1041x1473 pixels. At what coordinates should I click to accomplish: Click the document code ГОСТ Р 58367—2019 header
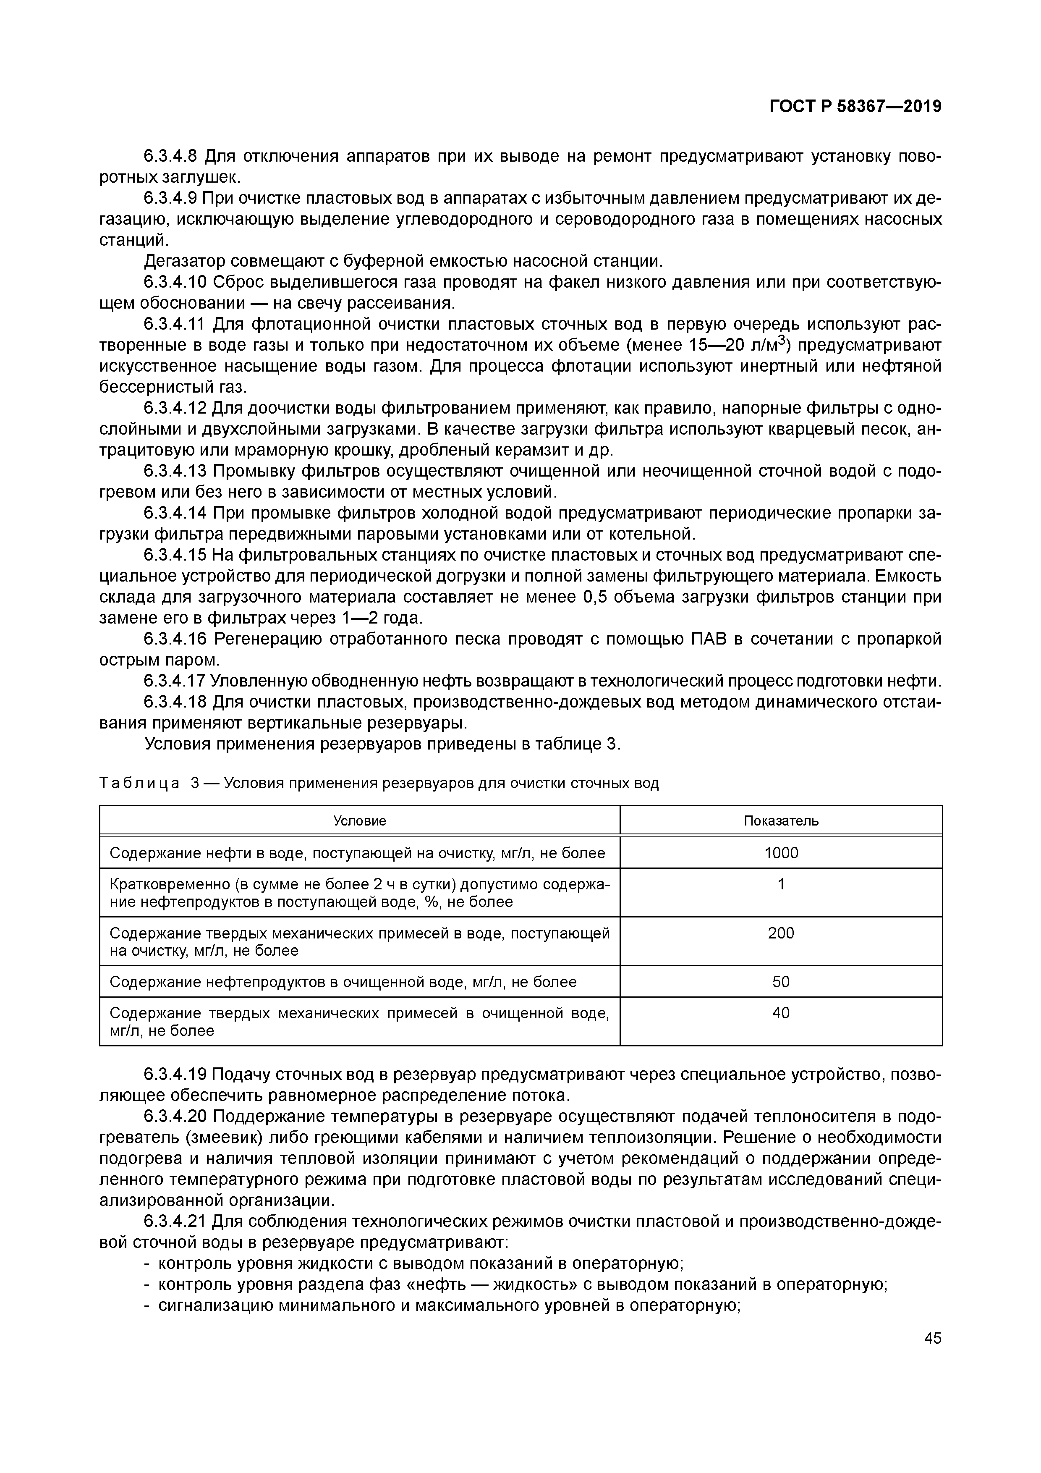pos(855,107)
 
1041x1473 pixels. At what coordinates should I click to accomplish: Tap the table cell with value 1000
pos(781,853)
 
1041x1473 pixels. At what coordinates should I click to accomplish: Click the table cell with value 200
pos(781,933)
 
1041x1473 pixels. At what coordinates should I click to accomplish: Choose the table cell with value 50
pos(781,982)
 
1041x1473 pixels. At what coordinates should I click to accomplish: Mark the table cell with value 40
pos(781,1014)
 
